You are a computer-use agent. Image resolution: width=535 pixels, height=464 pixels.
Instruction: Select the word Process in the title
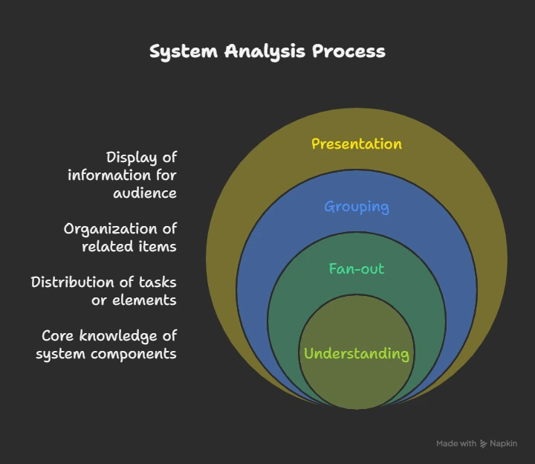tap(348, 51)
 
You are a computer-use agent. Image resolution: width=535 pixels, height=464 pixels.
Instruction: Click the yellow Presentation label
tap(356, 144)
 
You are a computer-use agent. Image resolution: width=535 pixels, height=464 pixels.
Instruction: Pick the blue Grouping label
tap(356, 206)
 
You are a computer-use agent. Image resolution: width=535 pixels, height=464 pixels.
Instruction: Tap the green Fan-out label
tap(356, 268)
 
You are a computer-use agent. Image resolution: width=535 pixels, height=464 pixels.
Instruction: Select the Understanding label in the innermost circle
tap(356, 353)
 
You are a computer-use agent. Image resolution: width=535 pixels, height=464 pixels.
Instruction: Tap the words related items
tap(129, 246)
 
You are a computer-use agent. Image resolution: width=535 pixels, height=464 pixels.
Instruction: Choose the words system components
tap(106, 353)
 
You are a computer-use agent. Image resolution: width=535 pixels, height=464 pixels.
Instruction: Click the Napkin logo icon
tap(484, 443)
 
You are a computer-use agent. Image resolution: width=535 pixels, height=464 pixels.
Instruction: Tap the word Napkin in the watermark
tap(504, 443)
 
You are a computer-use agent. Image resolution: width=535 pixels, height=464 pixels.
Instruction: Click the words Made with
tap(456, 443)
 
